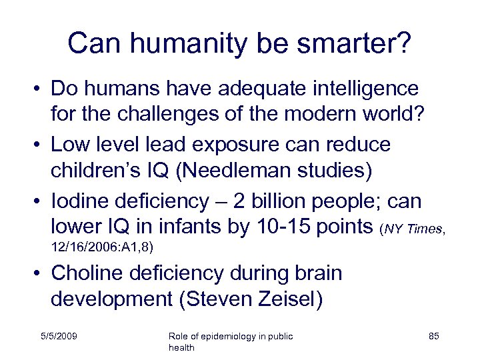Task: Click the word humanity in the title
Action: tap(177, 43)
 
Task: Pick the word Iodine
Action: tap(79, 200)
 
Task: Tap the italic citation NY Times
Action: tap(413, 229)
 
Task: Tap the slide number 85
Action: tap(433, 337)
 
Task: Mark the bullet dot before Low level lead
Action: tap(39, 145)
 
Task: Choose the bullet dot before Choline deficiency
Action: tap(39, 273)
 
